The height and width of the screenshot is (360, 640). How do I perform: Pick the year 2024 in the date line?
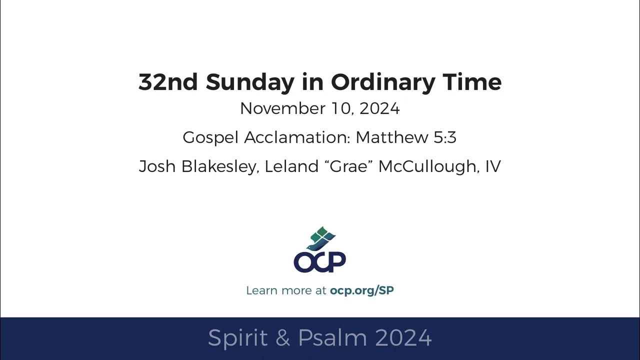[379, 108]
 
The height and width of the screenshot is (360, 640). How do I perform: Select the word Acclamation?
[297, 137]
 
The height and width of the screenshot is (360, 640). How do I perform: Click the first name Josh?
[155, 166]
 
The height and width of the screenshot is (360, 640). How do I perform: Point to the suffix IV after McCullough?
[492, 166]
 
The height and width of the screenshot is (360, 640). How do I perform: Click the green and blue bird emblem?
[320, 238]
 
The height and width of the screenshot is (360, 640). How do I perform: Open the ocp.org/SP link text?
[361, 290]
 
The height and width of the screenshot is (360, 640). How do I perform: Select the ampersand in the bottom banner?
[282, 338]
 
